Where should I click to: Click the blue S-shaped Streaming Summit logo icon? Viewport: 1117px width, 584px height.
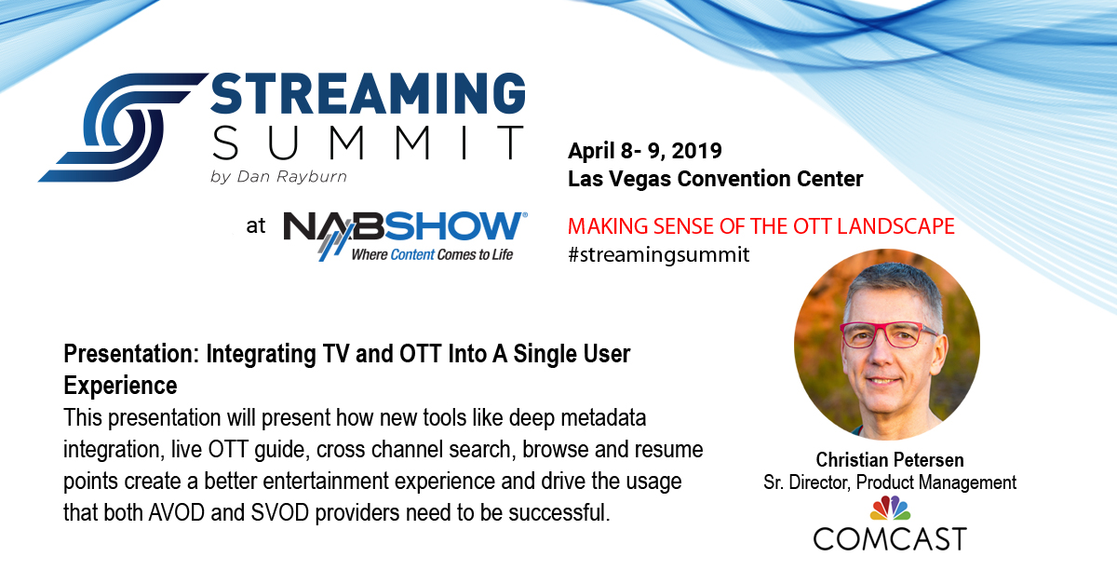coord(123,128)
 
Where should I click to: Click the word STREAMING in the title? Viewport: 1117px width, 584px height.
coord(368,93)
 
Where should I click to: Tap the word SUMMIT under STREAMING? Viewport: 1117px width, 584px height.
coord(368,143)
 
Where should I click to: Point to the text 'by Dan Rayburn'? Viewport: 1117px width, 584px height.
coord(278,177)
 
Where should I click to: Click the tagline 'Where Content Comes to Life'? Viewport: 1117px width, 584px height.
coord(432,254)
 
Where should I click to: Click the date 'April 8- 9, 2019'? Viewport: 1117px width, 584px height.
coord(645,151)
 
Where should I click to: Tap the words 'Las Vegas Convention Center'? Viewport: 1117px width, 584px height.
coord(716,179)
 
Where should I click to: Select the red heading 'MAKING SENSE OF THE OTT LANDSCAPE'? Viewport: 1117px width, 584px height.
coord(761,226)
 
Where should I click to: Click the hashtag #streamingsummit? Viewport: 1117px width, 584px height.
coord(659,254)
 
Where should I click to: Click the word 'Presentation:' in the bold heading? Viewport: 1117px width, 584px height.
coord(131,354)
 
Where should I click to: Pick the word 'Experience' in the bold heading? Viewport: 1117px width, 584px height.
coord(120,386)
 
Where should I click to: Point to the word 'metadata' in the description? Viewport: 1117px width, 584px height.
coord(603,418)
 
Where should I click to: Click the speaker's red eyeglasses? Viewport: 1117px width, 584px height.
coord(886,334)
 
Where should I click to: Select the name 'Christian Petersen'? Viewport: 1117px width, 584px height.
coord(890,460)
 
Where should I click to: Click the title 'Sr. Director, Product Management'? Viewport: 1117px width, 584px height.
coord(890,482)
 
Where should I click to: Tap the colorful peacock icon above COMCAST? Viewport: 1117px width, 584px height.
coord(890,509)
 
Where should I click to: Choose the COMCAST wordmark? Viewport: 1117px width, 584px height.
coord(890,539)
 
